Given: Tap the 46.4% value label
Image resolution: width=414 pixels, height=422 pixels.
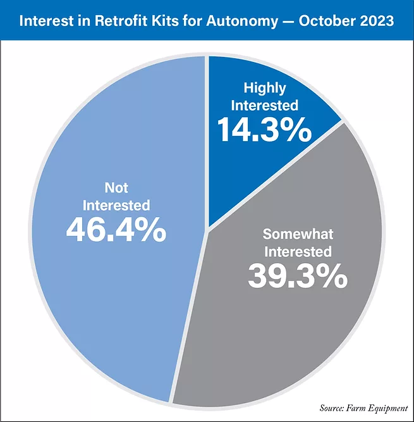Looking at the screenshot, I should (x=116, y=230).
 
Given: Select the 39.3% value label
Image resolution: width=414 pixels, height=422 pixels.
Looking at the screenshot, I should (x=297, y=275).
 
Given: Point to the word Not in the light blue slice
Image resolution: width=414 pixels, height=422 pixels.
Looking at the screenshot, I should (x=116, y=188).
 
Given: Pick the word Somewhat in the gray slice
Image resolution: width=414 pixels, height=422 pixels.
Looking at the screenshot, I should (x=297, y=233).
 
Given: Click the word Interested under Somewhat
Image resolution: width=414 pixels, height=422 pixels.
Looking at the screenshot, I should (x=297, y=251).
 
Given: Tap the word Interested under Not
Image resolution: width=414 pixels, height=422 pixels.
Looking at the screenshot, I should (x=116, y=205).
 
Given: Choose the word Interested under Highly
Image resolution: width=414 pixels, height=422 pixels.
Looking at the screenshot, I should (x=264, y=105).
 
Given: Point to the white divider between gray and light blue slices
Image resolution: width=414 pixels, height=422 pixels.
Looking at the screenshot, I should (x=189, y=316).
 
